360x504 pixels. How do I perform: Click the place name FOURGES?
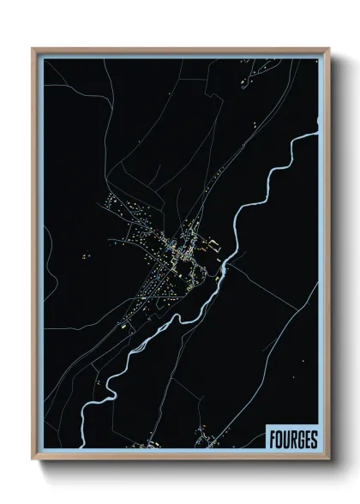coord(293,438)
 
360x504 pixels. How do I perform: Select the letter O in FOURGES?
coord(279,438)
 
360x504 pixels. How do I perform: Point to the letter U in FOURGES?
coord(286,438)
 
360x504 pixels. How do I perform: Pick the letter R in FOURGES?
coord(293,438)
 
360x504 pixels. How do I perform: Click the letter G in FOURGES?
coord(301,438)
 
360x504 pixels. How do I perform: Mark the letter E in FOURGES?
coord(308,438)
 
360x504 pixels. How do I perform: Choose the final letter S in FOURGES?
coord(315,438)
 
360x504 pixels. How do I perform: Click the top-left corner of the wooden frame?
coord(33,48)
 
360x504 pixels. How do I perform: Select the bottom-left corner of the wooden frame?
coord(33,456)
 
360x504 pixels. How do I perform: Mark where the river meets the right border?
coord(318,133)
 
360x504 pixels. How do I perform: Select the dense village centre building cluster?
coord(176,253)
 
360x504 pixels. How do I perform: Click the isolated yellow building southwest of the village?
coord(123,327)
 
